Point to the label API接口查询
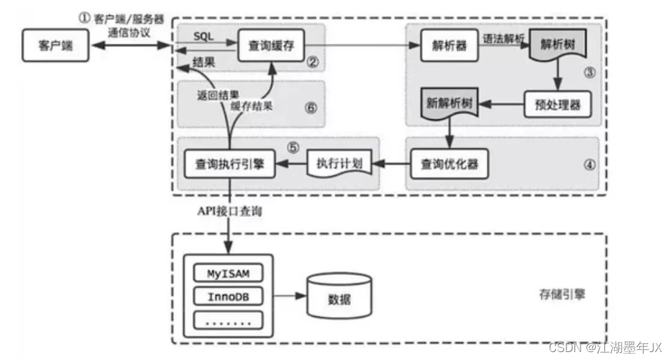point(230,211)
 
